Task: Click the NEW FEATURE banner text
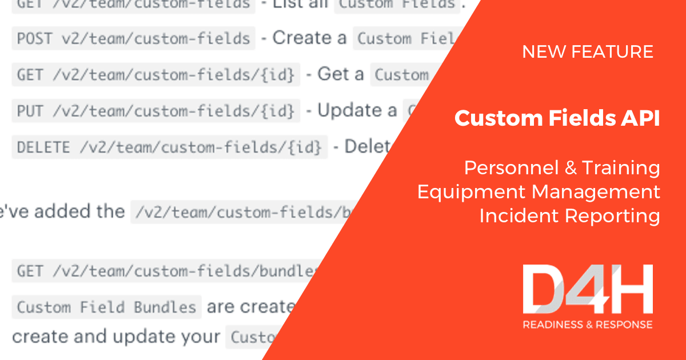(x=588, y=52)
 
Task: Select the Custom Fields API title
(x=557, y=119)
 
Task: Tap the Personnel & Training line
(x=562, y=168)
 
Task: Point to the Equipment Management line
(x=539, y=192)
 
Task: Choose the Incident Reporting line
(x=569, y=216)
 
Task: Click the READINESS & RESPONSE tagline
(x=587, y=325)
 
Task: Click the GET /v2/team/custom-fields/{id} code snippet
(x=155, y=75)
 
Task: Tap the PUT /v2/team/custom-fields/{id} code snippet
(x=155, y=111)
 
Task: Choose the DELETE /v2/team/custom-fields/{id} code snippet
(x=169, y=147)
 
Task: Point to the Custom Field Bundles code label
(x=106, y=307)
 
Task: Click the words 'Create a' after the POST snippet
(x=309, y=38)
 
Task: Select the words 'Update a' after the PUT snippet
(x=357, y=110)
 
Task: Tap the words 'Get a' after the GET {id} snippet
(x=340, y=74)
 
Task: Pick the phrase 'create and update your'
(x=116, y=337)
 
